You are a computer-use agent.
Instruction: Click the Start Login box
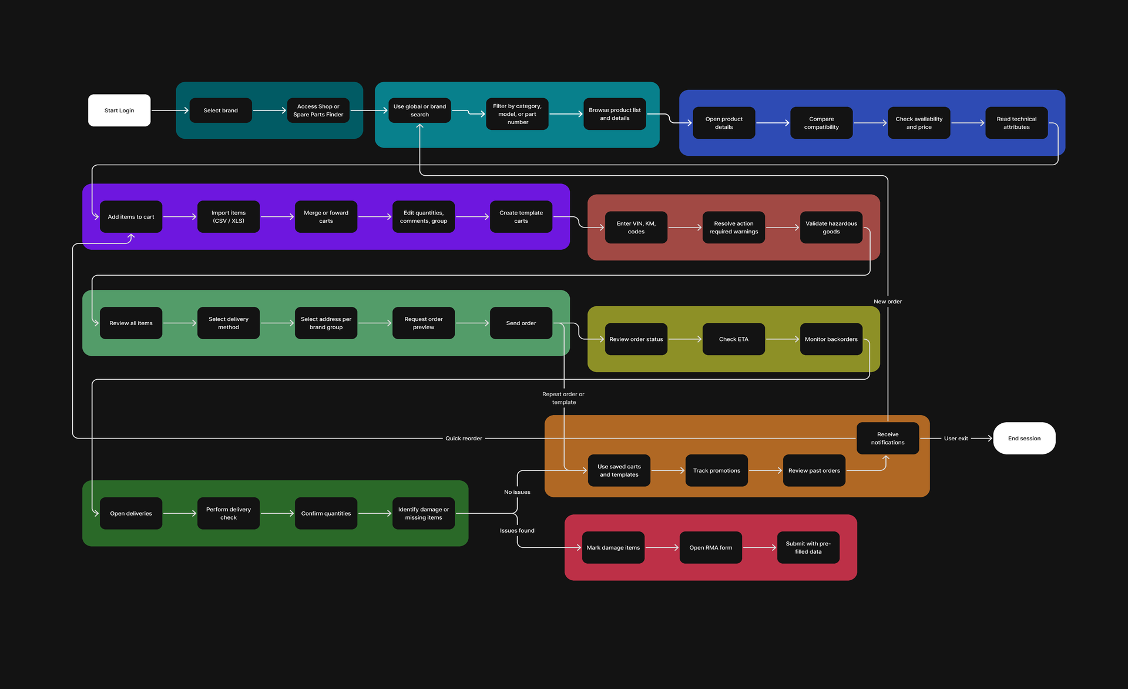tap(119, 111)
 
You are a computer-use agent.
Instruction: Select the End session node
tap(1024, 439)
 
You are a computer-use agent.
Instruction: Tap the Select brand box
tap(221, 111)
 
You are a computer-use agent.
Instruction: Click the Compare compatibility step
tap(821, 123)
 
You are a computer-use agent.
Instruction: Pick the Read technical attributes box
tap(1016, 123)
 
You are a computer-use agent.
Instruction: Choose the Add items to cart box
tap(131, 217)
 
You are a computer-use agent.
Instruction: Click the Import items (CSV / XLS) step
tap(229, 217)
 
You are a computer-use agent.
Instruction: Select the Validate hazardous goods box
tap(831, 228)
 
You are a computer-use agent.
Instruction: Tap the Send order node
tap(521, 323)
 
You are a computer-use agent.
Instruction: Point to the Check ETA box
tap(734, 339)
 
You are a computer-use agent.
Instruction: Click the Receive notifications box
tap(888, 439)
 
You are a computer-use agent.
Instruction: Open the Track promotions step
tap(717, 471)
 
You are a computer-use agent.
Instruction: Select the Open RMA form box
tap(711, 548)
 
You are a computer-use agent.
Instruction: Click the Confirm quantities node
tap(326, 514)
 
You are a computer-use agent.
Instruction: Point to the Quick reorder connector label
tap(464, 439)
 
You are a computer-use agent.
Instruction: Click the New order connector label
tap(888, 302)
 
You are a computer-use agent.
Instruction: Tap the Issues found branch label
tap(517, 531)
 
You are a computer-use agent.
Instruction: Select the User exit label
tap(956, 439)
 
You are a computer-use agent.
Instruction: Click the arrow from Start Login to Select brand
tap(170, 111)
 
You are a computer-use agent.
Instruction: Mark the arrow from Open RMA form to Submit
tap(760, 548)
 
